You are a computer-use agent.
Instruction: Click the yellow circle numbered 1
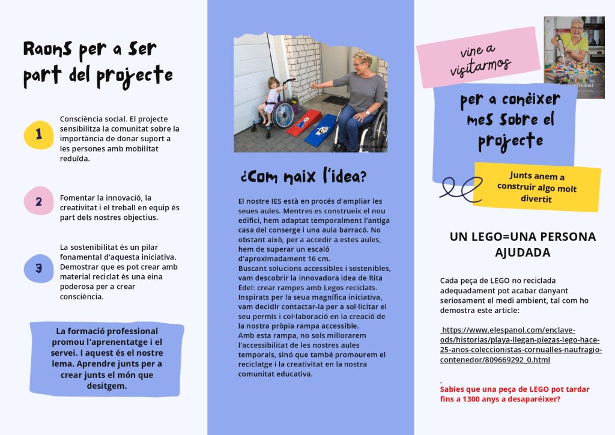tap(39, 134)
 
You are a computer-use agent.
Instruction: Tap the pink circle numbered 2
tap(39, 201)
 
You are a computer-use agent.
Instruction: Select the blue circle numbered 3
tap(39, 269)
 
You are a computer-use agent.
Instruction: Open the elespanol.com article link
tap(520, 345)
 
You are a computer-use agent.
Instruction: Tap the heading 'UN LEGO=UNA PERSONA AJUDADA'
tap(523, 245)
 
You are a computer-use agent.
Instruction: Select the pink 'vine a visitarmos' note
tap(479, 58)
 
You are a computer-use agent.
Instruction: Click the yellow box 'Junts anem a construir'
tap(537, 187)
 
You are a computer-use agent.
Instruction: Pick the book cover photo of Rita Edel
tap(574, 57)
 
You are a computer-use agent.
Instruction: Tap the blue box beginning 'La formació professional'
tap(107, 359)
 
